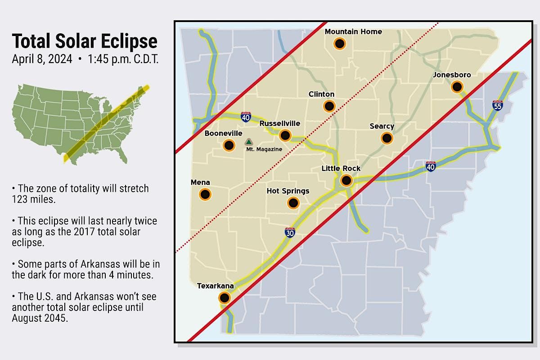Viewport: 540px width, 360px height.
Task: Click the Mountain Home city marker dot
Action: click(x=339, y=44)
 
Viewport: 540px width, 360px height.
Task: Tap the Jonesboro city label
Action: click(x=451, y=75)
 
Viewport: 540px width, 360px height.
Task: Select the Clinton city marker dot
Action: click(x=329, y=106)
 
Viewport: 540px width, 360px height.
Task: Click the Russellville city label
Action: click(x=279, y=123)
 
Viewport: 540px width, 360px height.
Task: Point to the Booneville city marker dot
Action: click(x=229, y=145)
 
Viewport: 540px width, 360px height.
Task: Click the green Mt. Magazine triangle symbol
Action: click(x=249, y=142)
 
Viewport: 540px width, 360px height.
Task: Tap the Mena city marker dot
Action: click(x=205, y=194)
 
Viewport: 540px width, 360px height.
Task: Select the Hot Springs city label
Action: click(x=288, y=191)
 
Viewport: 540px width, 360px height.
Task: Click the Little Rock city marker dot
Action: click(x=346, y=180)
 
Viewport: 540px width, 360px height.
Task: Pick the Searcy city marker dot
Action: click(x=387, y=138)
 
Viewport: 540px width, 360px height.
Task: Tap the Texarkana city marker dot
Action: click(x=224, y=297)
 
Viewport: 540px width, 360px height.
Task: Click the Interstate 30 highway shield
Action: click(x=290, y=233)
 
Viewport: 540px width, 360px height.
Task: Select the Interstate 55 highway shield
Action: click(x=498, y=105)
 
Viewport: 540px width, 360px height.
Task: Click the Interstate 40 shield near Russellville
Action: click(x=246, y=117)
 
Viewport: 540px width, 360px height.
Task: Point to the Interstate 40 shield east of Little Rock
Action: click(x=431, y=167)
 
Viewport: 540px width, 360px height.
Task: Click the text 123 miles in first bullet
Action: click(x=34, y=199)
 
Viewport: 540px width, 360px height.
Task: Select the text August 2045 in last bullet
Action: click(x=40, y=317)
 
